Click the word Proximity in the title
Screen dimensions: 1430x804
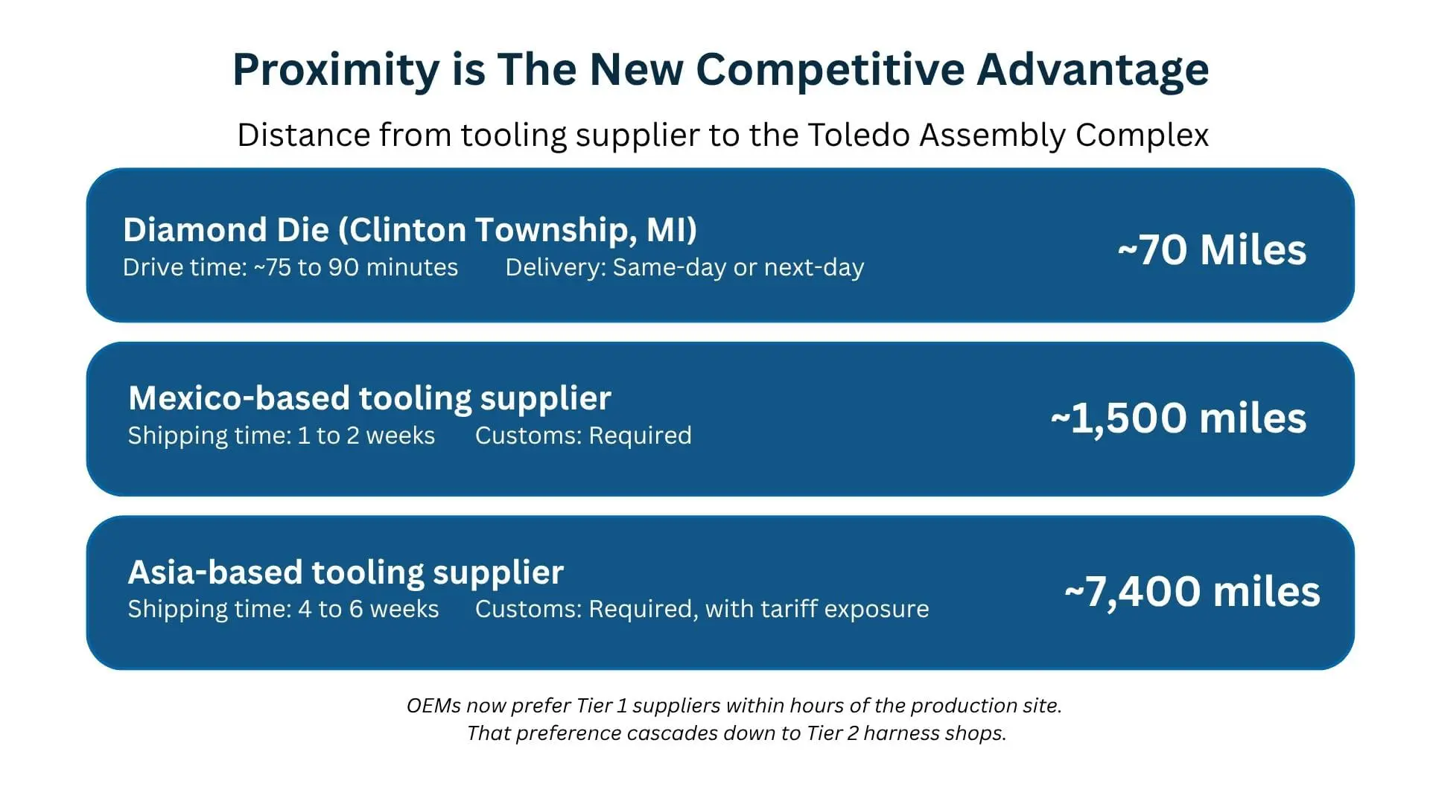(337, 71)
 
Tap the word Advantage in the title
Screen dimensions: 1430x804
(1093, 71)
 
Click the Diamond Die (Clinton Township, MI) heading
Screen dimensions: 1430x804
(410, 230)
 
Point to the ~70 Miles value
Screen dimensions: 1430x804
(1212, 249)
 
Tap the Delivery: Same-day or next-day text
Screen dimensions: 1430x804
(684, 267)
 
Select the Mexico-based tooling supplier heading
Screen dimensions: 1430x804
(369, 399)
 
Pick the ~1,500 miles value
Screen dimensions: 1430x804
(1178, 418)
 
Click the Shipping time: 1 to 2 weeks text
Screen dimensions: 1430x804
(282, 435)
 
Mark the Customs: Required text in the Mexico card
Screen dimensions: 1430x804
(583, 435)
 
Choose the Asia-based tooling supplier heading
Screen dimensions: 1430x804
(346, 572)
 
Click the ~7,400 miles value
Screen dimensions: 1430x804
(1192, 592)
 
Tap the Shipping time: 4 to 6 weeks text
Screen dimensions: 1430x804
(284, 609)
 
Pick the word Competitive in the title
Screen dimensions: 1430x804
(830, 71)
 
